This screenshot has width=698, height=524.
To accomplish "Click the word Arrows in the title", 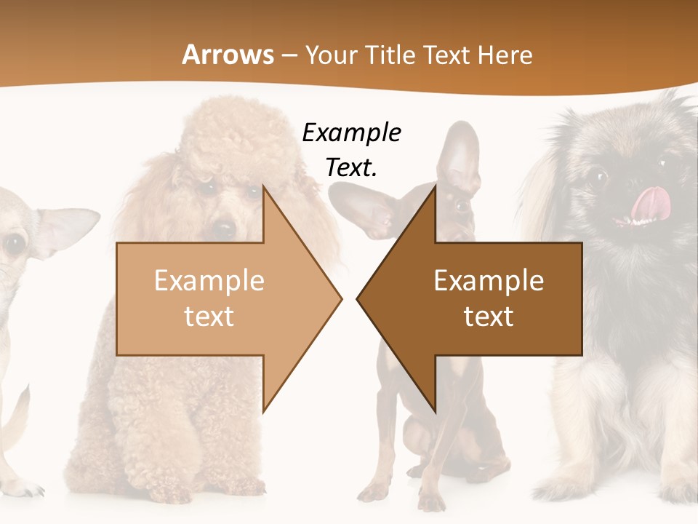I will tap(228, 55).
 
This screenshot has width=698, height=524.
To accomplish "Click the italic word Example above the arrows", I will tap(351, 133).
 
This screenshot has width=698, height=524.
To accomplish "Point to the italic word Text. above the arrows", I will tap(351, 167).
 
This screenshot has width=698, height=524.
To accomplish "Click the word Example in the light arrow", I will tap(209, 281).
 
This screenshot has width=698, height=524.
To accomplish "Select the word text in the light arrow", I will tap(209, 317).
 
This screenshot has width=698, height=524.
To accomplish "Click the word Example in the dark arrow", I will tap(489, 281).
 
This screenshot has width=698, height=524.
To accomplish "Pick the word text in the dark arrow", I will tap(489, 317).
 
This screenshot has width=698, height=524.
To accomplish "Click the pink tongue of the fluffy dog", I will tap(647, 202).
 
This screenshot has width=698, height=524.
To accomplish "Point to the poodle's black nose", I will tap(223, 228).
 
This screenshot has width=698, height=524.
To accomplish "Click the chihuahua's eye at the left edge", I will tap(15, 245).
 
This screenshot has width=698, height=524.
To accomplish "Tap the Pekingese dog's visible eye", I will tap(597, 177).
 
